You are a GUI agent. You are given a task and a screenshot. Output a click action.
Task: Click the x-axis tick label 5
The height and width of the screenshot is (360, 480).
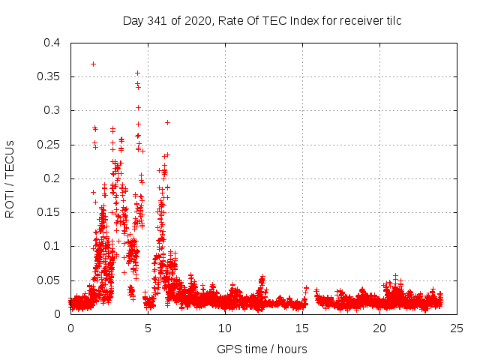pyautogui.click(x=148, y=328)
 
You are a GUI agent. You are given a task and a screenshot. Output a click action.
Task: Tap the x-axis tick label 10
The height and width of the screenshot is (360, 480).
pyautogui.click(x=225, y=328)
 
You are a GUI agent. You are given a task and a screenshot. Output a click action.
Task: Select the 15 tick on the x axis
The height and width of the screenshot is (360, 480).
pyautogui.click(x=302, y=328)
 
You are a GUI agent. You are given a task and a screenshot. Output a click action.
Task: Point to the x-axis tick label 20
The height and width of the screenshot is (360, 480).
pyautogui.click(x=379, y=328)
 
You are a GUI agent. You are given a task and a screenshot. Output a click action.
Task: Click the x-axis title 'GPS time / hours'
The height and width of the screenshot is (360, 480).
pyautogui.click(x=262, y=349)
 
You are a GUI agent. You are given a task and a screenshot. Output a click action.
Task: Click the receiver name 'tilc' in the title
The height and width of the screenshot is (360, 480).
pyautogui.click(x=392, y=20)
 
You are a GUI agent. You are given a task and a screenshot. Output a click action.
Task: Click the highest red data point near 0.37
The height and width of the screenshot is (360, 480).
pyautogui.click(x=93, y=64)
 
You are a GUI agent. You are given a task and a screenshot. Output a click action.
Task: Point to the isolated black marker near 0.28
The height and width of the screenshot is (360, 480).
pyautogui.click(x=167, y=122)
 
